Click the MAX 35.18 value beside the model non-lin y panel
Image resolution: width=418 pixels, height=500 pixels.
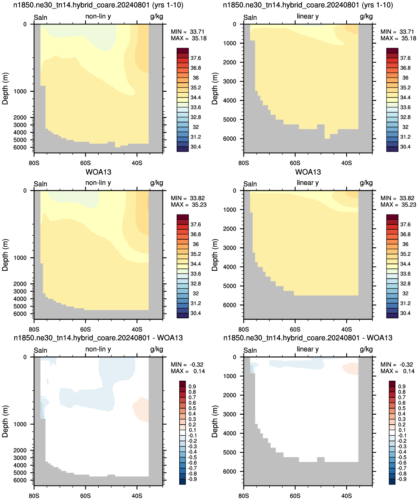point(188,38)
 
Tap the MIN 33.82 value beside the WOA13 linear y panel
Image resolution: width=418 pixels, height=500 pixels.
point(398,198)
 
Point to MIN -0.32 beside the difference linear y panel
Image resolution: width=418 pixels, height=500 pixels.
point(397,364)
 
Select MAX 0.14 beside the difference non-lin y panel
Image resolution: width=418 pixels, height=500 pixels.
point(188,371)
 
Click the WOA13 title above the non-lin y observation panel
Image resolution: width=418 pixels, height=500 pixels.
point(98,172)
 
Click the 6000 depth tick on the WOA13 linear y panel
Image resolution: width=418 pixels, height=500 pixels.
point(230,305)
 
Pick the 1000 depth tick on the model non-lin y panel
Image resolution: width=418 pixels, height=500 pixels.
point(20,91)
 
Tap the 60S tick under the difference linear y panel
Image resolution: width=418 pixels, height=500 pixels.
point(295,496)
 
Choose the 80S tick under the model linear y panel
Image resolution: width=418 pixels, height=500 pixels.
point(244,163)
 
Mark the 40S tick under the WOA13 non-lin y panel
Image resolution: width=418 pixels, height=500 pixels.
point(137,329)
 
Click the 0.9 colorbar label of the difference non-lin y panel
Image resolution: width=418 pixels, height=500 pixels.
point(192,387)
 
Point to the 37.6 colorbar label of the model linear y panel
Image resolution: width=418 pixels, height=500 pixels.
point(405,58)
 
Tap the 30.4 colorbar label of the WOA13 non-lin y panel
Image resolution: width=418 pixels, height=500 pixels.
point(196,313)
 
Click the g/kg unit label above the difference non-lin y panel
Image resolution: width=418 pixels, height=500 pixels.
point(156,349)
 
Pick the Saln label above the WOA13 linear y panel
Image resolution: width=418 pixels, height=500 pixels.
point(250,184)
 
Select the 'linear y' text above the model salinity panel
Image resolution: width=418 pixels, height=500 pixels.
point(308,16)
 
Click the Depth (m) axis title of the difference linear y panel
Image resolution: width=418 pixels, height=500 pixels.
point(214,421)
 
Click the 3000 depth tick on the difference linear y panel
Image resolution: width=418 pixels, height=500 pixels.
point(230,414)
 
